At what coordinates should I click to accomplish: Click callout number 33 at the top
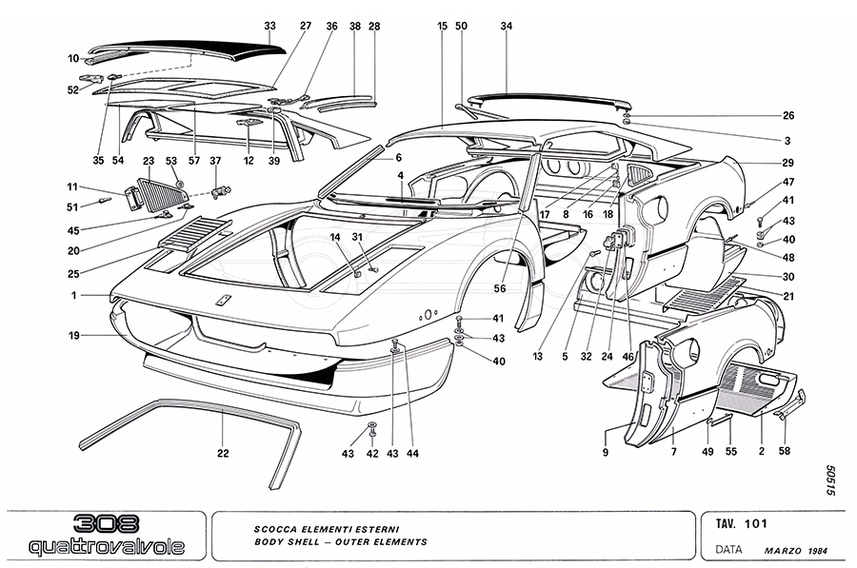(x=269, y=26)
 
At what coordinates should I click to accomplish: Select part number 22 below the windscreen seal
(x=223, y=453)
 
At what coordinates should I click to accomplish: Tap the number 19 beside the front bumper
(x=74, y=335)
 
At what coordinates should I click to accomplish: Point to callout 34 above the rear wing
(x=507, y=26)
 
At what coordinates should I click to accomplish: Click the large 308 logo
(x=105, y=524)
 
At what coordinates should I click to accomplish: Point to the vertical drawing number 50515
(x=830, y=481)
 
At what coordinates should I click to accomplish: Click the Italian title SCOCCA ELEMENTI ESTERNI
(x=312, y=528)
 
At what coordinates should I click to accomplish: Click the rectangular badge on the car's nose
(x=224, y=301)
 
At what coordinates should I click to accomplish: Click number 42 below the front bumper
(x=373, y=454)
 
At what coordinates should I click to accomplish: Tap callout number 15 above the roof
(x=443, y=26)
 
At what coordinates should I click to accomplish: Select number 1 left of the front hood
(x=71, y=296)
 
